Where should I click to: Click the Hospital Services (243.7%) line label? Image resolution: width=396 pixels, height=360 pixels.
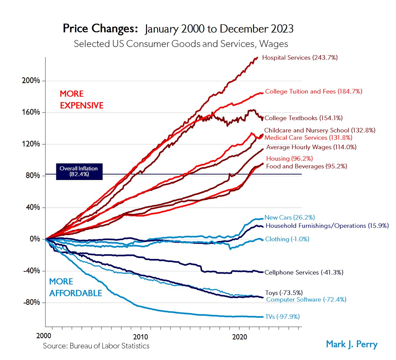tap(299, 58)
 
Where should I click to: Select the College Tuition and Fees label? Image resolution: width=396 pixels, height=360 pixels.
tap(313, 91)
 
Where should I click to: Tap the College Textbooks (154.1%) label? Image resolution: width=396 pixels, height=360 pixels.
tap(303, 118)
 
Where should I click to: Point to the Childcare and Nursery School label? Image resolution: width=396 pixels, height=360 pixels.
tap(319, 130)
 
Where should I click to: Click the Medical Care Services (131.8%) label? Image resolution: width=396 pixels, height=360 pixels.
tap(308, 138)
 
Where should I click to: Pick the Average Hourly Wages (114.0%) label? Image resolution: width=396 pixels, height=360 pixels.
tap(311, 147)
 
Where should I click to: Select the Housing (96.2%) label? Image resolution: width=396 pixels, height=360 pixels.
tap(289, 159)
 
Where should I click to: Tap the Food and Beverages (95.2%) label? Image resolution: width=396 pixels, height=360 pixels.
tap(306, 166)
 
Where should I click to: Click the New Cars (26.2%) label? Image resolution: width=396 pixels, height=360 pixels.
tap(289, 217)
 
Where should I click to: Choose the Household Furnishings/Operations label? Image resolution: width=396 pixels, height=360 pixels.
tap(327, 226)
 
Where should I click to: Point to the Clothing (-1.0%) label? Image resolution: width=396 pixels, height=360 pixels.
tap(287, 239)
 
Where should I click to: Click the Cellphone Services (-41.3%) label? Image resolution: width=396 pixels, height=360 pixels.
tap(303, 272)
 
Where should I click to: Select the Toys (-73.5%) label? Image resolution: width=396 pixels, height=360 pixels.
tap(284, 293)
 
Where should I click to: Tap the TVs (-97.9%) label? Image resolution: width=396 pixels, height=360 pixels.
tap(282, 317)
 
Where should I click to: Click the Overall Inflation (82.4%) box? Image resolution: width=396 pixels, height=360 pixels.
tap(79, 171)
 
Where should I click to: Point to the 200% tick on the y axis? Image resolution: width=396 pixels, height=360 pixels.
tap(31, 81)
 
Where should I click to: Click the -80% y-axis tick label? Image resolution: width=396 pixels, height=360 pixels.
tap(31, 302)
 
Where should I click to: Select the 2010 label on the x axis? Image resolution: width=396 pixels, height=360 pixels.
tap(141, 337)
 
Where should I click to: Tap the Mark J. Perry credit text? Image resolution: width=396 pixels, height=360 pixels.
tap(352, 344)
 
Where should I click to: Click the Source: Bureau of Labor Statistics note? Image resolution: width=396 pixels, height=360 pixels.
tap(96, 346)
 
